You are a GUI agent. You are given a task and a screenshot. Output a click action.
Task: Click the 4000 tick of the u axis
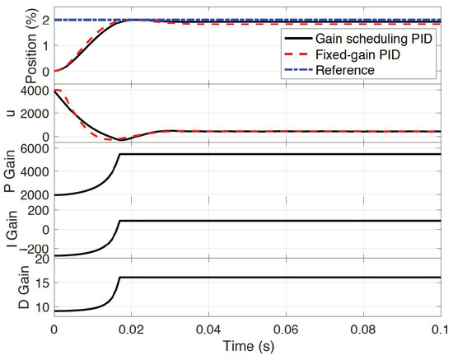[37, 91]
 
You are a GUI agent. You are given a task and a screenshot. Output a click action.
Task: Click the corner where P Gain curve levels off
[120, 155]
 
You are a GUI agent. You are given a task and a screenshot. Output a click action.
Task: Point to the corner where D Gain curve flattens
[120, 277]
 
